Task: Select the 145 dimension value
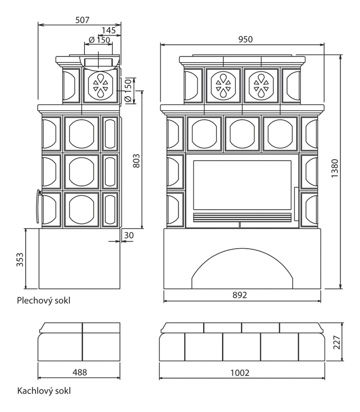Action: [x=108, y=31]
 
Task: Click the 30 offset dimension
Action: [x=129, y=235]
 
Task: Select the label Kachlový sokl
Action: [x=43, y=391]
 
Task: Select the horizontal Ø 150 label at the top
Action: [x=99, y=40]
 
